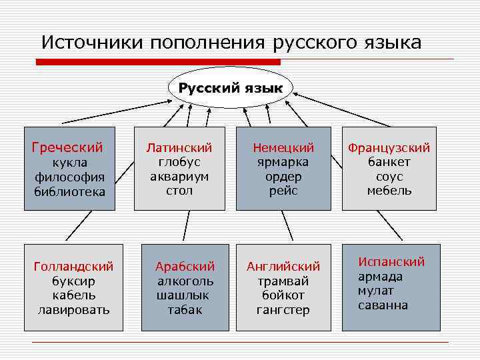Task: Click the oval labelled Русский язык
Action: (x=230, y=87)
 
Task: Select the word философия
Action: (x=70, y=177)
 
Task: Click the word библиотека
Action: (x=70, y=191)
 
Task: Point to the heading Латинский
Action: (x=179, y=147)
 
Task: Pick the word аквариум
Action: (x=179, y=177)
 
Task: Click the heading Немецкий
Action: (x=283, y=147)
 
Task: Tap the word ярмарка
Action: (x=283, y=162)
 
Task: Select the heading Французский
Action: (x=389, y=147)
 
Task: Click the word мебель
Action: (x=389, y=191)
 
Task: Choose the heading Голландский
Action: (x=73, y=267)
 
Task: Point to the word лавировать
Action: (x=73, y=310)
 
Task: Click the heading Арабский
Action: (x=185, y=267)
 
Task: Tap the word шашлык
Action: (x=183, y=295)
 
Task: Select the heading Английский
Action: (x=283, y=267)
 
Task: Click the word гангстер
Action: (x=283, y=310)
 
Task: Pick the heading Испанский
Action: (x=391, y=262)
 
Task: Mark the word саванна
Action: (x=383, y=305)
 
